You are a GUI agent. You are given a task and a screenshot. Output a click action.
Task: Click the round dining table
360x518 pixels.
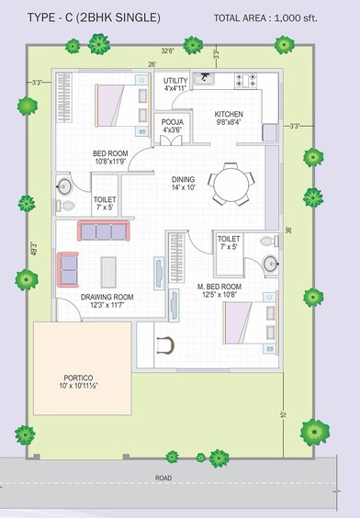(226, 185)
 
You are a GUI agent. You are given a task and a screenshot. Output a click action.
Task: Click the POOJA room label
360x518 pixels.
(173, 126)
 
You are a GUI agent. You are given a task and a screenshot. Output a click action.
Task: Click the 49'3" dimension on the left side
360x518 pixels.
(34, 248)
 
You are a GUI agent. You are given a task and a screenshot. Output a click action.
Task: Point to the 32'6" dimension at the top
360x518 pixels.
(169, 51)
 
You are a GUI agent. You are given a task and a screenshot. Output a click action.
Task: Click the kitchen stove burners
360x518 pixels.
(246, 80)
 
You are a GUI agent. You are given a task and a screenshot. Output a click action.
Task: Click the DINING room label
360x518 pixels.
(185, 183)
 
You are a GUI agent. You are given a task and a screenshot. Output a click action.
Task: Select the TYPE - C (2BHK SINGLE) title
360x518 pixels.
(93, 17)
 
